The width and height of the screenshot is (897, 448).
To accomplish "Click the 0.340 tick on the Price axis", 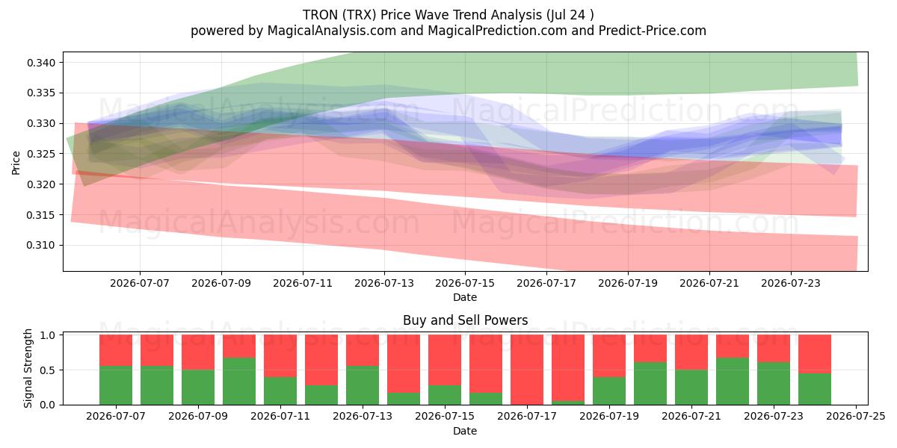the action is point(41,63).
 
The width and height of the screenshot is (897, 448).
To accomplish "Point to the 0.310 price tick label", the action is point(41,245).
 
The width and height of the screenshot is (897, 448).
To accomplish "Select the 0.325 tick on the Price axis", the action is point(41,154).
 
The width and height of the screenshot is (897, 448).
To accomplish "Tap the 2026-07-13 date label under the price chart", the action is point(384,283).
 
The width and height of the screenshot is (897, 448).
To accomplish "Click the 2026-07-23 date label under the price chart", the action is point(791,283).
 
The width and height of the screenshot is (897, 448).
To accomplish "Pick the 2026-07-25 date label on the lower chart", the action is point(856,417).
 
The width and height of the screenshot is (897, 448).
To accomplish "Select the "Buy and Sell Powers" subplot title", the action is point(465,320).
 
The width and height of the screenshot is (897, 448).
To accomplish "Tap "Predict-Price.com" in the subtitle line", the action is point(653,31).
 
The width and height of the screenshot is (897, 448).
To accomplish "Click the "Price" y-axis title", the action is point(16,163).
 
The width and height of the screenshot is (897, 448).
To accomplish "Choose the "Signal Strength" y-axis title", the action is point(28,368).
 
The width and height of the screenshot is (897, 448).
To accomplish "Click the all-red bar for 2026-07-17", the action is point(527,370).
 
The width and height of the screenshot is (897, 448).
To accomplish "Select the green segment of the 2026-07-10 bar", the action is point(239,382).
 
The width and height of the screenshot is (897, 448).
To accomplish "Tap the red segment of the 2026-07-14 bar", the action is point(404,364).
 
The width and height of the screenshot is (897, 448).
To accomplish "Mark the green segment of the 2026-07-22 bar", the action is point(733,382).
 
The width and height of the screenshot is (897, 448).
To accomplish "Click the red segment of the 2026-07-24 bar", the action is point(815,354).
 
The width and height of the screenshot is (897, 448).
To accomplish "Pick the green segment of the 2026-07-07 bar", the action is point(116,385).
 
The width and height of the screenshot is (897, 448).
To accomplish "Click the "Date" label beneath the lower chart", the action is point(465,432).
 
